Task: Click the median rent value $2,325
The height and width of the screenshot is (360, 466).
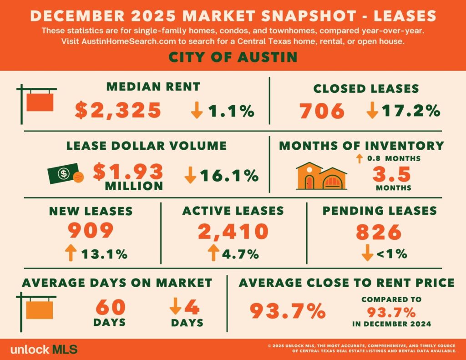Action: coord(118,111)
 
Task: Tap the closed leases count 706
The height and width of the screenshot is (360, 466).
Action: coord(321,111)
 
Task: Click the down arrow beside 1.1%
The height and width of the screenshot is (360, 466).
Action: coord(197,111)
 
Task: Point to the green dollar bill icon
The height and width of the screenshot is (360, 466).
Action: coord(63,174)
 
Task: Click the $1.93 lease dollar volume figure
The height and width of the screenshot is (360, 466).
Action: coord(128,171)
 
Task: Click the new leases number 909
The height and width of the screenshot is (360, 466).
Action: coord(91,231)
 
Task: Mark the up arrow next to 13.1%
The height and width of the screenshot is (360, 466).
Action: coord(70,253)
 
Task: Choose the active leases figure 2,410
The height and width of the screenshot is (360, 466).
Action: coord(233,231)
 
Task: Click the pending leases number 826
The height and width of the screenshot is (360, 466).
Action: coord(379,232)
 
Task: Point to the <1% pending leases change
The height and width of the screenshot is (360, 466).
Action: coord(391,254)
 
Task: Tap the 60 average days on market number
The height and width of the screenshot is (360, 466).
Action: coord(110,307)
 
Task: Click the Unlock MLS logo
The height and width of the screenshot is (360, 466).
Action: coord(43,350)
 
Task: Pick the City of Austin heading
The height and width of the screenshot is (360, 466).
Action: coord(233,57)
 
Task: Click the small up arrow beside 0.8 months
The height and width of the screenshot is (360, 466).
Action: coord(359,158)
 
